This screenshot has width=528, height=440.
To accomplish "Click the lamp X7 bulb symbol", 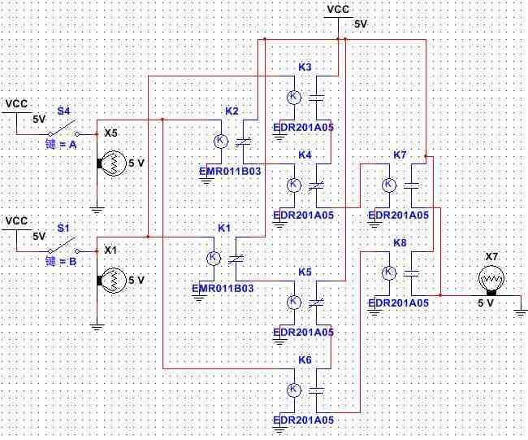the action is click(x=491, y=280).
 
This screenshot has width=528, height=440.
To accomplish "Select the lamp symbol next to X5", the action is click(x=111, y=163).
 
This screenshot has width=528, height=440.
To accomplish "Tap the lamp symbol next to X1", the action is click(x=111, y=281).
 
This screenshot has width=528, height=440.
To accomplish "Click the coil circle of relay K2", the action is click(x=221, y=141).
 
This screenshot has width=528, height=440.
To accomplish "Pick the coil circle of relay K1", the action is click(x=214, y=259).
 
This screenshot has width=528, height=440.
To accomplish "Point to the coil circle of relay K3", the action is click(x=294, y=97).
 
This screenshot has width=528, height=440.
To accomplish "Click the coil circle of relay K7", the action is click(x=389, y=185).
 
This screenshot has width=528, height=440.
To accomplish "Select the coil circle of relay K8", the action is click(x=389, y=272).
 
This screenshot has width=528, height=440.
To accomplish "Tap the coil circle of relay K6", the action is click(x=294, y=390).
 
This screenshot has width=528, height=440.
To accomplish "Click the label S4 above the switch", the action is click(x=63, y=111).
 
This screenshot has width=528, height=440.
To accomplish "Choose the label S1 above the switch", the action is click(x=63, y=229).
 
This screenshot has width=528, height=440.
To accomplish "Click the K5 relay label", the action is click(x=305, y=272).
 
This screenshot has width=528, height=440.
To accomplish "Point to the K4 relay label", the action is click(x=305, y=155).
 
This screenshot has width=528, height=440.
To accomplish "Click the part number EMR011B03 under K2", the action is click(x=231, y=172).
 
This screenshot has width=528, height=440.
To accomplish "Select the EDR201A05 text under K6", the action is click(x=304, y=420).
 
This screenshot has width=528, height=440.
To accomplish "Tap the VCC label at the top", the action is click(x=339, y=10).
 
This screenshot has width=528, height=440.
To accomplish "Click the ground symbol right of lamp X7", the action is click(x=521, y=312).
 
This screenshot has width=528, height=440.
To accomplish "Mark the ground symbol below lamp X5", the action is click(x=97, y=211).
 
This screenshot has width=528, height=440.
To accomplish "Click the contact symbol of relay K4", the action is click(x=317, y=185).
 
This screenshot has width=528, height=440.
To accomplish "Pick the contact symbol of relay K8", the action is click(x=411, y=272).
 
